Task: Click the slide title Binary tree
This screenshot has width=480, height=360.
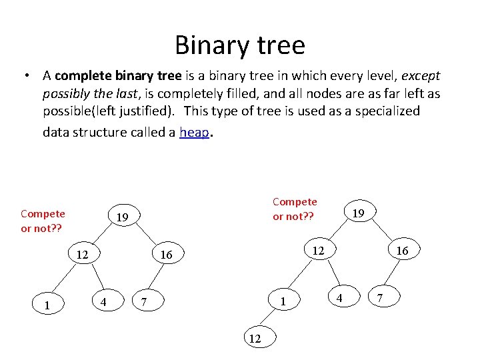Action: [x=240, y=45]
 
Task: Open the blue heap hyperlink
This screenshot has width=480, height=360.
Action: [x=194, y=132]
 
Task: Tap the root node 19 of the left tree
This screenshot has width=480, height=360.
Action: [x=122, y=217]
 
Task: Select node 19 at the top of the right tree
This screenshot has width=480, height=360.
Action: [x=358, y=213]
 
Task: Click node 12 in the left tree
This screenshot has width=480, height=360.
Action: [x=82, y=255]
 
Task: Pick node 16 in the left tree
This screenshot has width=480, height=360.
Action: [x=166, y=255]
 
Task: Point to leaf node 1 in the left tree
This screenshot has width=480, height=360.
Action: [x=46, y=306]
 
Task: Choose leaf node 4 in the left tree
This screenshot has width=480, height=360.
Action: [x=103, y=301]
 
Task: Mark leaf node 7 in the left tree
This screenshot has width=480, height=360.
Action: [x=144, y=303]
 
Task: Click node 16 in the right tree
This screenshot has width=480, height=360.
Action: [x=402, y=250]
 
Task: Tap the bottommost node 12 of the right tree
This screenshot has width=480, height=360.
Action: [x=255, y=339]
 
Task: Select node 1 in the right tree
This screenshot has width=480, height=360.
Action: [x=283, y=301]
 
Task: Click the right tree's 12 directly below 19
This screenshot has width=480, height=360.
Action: [x=319, y=250]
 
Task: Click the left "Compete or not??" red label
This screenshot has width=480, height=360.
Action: [x=43, y=220]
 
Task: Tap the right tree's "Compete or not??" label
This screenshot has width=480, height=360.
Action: [x=295, y=209]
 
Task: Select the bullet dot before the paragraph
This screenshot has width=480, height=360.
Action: [x=24, y=75]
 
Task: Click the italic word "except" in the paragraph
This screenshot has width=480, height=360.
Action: [x=420, y=75]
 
